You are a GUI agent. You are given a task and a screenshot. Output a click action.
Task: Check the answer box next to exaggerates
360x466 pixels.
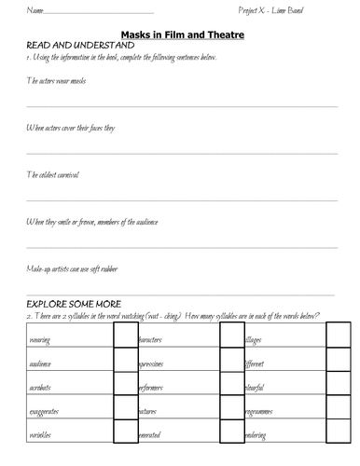[x=124, y=408]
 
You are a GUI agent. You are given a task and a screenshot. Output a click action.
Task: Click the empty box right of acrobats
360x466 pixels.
[x=124, y=384]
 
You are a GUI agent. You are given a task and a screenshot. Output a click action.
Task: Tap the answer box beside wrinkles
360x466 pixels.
[x=124, y=433]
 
